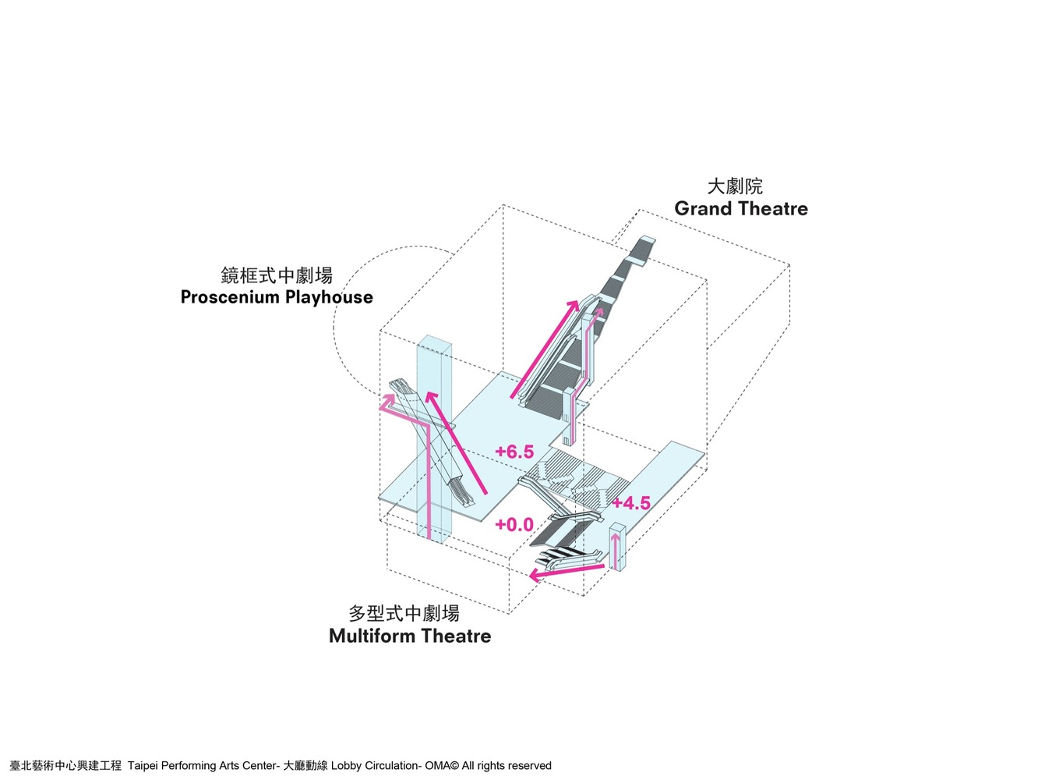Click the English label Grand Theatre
[741, 209]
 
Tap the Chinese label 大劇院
[735, 186]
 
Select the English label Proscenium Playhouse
[277, 297]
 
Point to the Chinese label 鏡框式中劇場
[277, 275]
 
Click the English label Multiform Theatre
[410, 636]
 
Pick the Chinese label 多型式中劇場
[404, 614]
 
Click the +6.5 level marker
[514, 452]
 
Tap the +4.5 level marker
[630, 503]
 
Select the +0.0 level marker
[514, 525]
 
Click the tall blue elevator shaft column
[434, 437]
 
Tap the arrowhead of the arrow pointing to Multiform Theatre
[534, 576]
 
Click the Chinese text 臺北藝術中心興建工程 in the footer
[65, 766]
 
